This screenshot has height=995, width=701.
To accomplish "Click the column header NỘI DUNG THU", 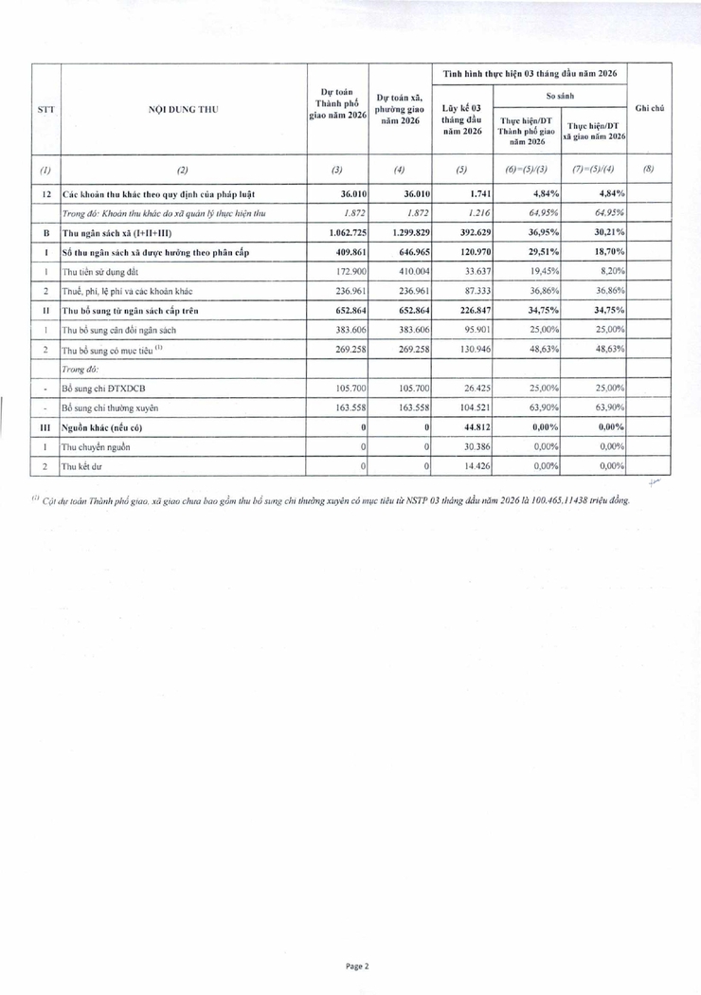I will click(x=184, y=109).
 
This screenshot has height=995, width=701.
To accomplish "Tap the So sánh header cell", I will click(x=560, y=96).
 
